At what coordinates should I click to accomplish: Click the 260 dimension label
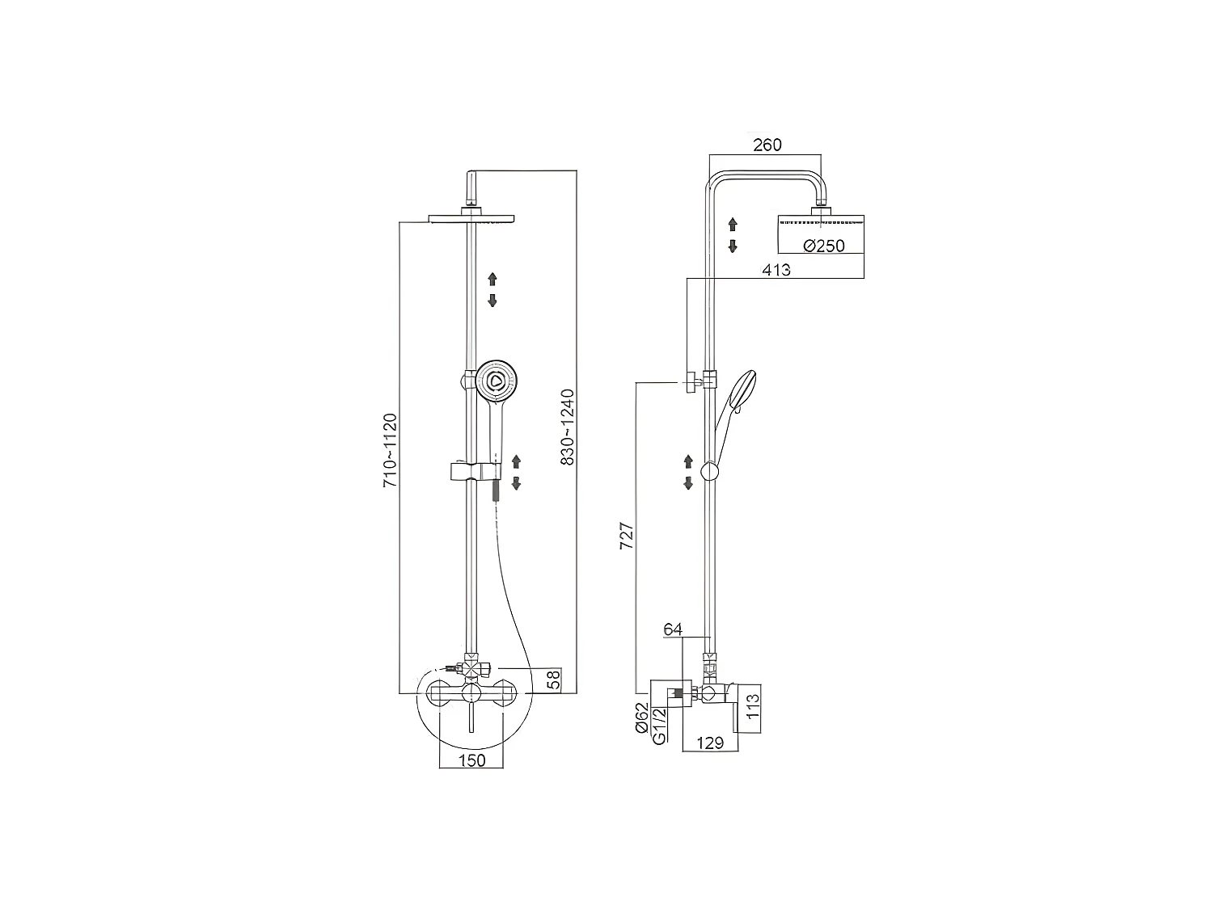tap(767, 145)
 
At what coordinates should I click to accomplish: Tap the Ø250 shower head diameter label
tap(824, 245)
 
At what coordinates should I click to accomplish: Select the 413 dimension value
tap(776, 269)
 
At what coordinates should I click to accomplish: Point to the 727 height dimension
tap(626, 535)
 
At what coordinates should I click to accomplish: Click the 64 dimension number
tap(673, 629)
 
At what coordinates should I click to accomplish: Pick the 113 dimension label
tap(753, 706)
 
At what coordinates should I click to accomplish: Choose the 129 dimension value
tap(709, 743)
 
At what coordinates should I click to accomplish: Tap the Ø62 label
tap(641, 718)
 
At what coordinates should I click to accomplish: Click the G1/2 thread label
tap(659, 726)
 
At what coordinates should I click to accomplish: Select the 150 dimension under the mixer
tap(471, 760)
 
